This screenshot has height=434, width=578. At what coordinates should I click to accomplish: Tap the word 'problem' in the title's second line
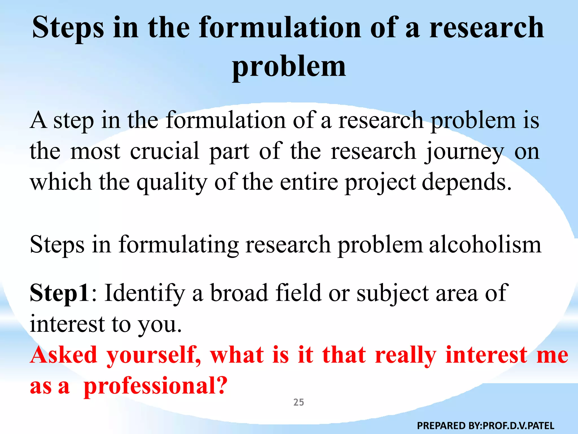coord(289,67)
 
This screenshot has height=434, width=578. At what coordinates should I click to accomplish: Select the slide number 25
coord(299,402)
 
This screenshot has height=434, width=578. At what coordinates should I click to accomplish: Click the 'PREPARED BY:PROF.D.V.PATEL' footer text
coord(485,426)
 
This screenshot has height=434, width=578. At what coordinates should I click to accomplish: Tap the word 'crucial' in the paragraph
coord(165,151)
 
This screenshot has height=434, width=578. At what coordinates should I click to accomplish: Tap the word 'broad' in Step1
coord(239,293)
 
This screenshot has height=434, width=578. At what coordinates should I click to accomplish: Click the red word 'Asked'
coord(64,355)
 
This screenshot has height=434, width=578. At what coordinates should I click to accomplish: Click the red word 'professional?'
coord(156,387)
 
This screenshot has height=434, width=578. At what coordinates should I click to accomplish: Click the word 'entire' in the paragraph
coord(309,182)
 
